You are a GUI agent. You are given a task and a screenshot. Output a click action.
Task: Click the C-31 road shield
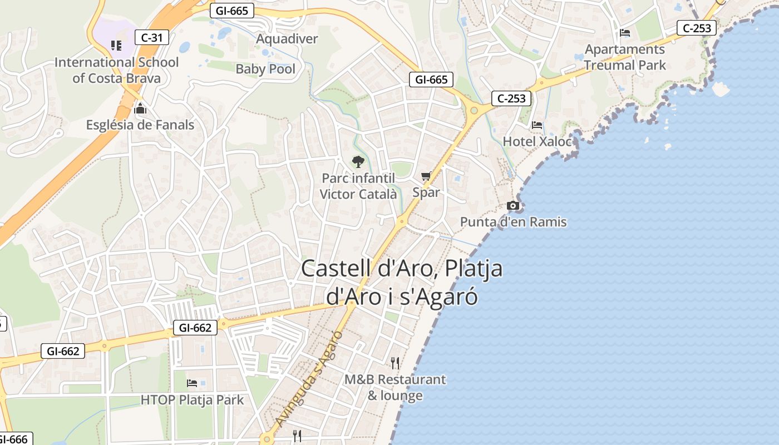(x=152, y=38)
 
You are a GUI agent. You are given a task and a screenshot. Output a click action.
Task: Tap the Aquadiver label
(x=287, y=39)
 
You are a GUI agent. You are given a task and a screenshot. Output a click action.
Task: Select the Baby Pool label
(x=265, y=69)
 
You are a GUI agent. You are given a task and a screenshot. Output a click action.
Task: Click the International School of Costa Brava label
(x=116, y=70)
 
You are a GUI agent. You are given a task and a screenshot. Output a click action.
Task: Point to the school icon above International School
(x=116, y=46)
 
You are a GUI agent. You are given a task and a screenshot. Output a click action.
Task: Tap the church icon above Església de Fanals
(x=140, y=107)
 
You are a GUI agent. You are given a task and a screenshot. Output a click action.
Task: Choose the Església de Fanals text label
(x=140, y=125)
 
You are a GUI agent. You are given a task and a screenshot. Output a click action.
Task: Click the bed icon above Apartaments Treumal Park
(x=624, y=33)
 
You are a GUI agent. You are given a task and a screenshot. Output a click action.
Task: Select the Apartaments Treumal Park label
(x=624, y=57)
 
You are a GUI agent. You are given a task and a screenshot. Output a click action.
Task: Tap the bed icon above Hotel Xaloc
(x=536, y=125)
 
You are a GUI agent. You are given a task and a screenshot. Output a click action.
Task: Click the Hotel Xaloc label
(x=536, y=141)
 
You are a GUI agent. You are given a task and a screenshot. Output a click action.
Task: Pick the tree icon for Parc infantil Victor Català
(x=358, y=162)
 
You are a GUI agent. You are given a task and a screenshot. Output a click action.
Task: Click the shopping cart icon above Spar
(x=426, y=176)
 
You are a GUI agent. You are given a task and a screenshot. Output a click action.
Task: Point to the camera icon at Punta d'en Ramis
(x=513, y=206)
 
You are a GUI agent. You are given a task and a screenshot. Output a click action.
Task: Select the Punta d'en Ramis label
(x=513, y=222)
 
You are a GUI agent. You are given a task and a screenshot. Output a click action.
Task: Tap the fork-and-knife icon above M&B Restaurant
(x=395, y=363)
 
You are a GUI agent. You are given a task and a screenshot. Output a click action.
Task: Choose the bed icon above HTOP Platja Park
(x=192, y=383)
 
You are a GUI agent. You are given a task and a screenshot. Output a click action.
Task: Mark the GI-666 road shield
(x=12, y=439)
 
